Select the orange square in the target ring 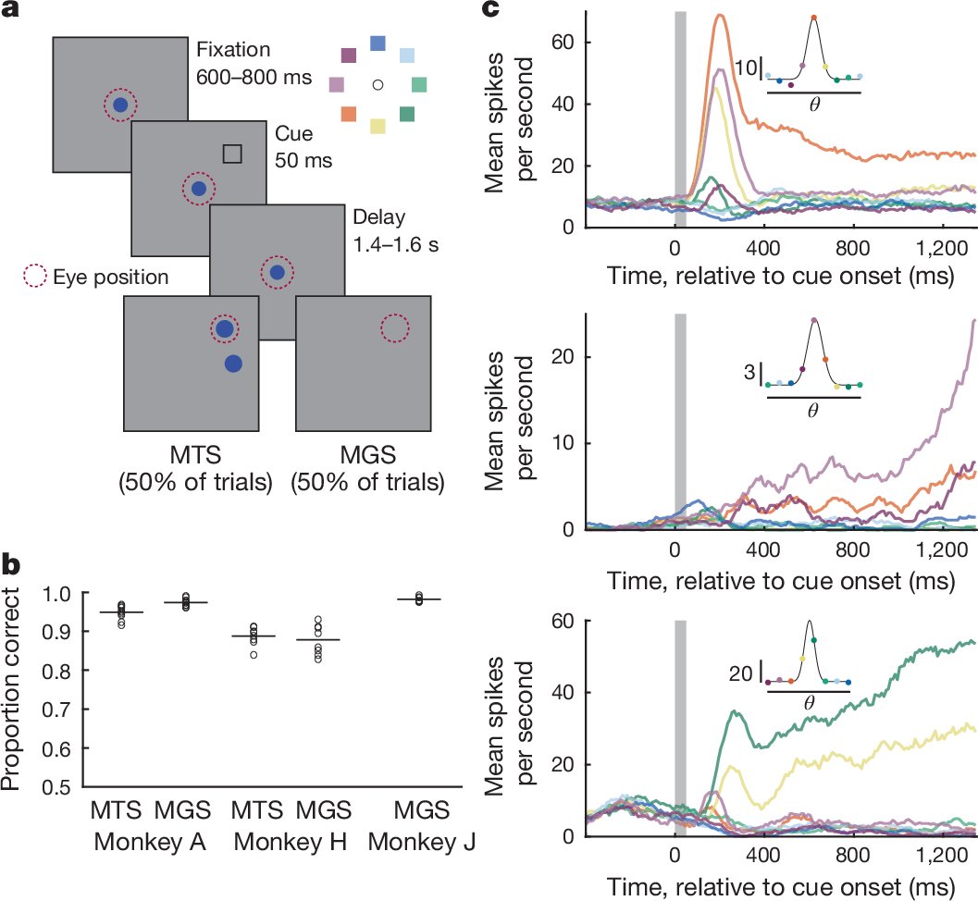(349, 114)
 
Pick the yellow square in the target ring (378, 126)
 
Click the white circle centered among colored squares (378, 85)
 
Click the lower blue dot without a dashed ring (233, 364)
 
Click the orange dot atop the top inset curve (814, 18)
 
